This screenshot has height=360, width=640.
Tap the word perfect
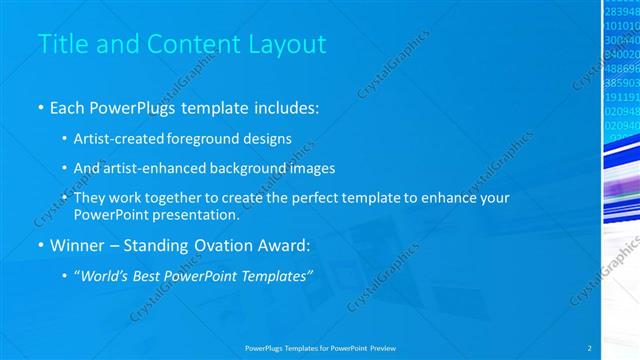pyautogui.click(x=324, y=198)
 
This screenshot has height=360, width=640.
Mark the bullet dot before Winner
pyautogui.click(x=39, y=246)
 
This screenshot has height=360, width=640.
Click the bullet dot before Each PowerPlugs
pyautogui.click(x=39, y=106)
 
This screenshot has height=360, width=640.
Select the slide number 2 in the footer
pyautogui.click(x=589, y=347)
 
